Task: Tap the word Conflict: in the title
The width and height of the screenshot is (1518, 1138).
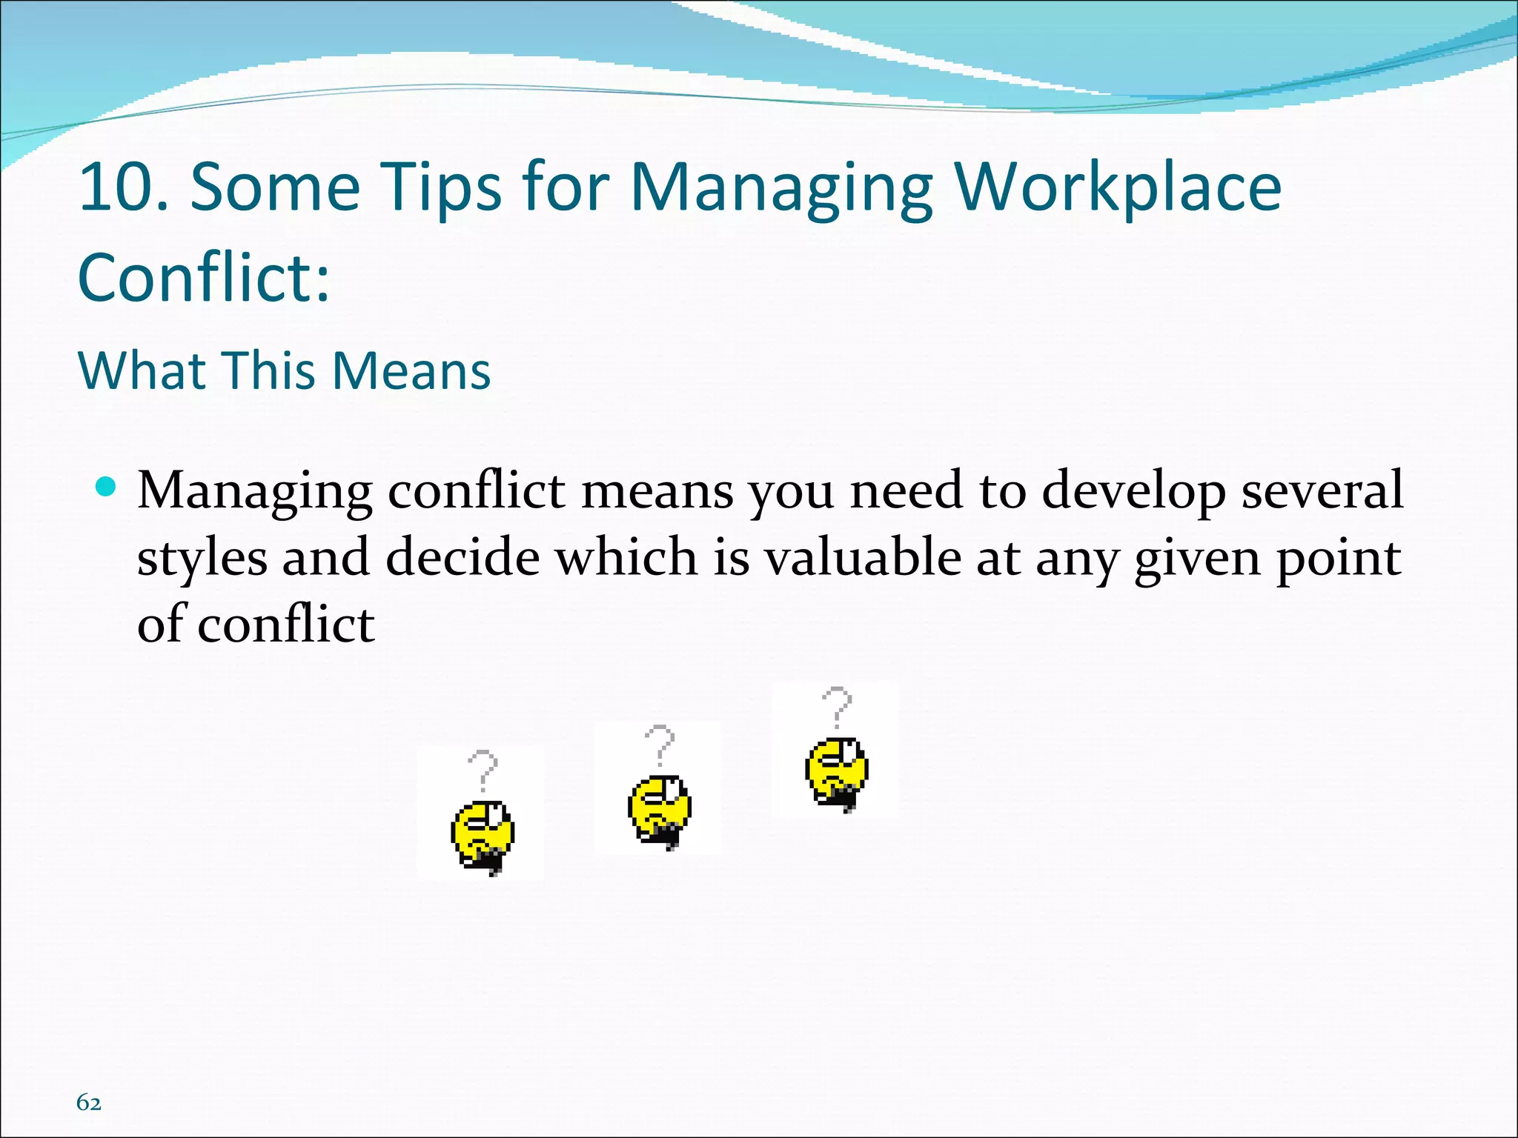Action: click(204, 277)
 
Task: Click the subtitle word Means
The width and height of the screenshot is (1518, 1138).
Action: click(411, 370)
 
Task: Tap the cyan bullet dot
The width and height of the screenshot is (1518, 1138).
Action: click(106, 487)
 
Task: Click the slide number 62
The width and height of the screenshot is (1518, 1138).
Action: click(89, 1102)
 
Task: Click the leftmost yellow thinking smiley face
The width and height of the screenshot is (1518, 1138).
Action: click(483, 835)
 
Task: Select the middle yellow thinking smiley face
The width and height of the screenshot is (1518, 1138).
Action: click(660, 810)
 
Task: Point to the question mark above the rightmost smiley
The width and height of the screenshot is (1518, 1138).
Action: click(838, 705)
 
